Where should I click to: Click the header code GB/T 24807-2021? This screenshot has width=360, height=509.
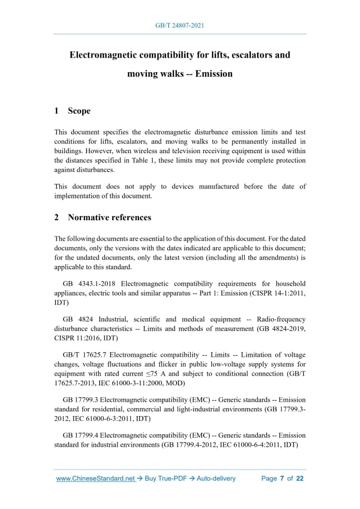[180, 25]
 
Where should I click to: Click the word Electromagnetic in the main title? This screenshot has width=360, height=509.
[106, 55]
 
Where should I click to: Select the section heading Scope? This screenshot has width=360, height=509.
[79, 111]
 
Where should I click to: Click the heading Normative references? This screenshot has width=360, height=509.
[109, 218]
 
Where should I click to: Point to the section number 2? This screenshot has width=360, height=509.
[57, 218]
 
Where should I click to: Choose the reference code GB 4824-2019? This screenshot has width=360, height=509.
[283, 328]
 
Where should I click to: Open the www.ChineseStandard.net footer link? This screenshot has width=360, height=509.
[95, 478]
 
